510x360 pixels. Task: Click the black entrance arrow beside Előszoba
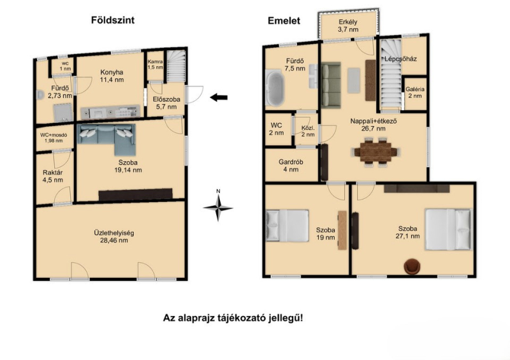pos(219,97)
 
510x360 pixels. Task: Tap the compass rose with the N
pos(218,206)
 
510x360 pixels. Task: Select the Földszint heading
pos(113,20)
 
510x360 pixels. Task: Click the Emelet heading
pos(284,21)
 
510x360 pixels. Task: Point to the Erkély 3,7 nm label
pos(348,25)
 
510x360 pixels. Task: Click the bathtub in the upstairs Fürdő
pos(275,89)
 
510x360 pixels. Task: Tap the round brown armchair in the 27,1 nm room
pos(412,266)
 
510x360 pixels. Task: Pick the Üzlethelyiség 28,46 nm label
pos(114,237)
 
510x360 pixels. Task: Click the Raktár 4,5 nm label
pos(53,176)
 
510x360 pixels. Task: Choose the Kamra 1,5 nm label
pos(155,64)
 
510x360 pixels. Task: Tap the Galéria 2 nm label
pos(415,92)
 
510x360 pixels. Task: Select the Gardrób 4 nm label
pos(291,166)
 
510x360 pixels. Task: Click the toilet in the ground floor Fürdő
pos(40,94)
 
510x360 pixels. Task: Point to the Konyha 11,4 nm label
pos(112,76)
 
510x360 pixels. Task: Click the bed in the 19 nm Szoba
pos(288,226)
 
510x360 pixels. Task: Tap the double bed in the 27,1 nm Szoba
pos(448,229)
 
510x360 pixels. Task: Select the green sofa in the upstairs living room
pos(331,85)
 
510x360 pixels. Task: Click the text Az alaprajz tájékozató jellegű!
pos(233,318)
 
